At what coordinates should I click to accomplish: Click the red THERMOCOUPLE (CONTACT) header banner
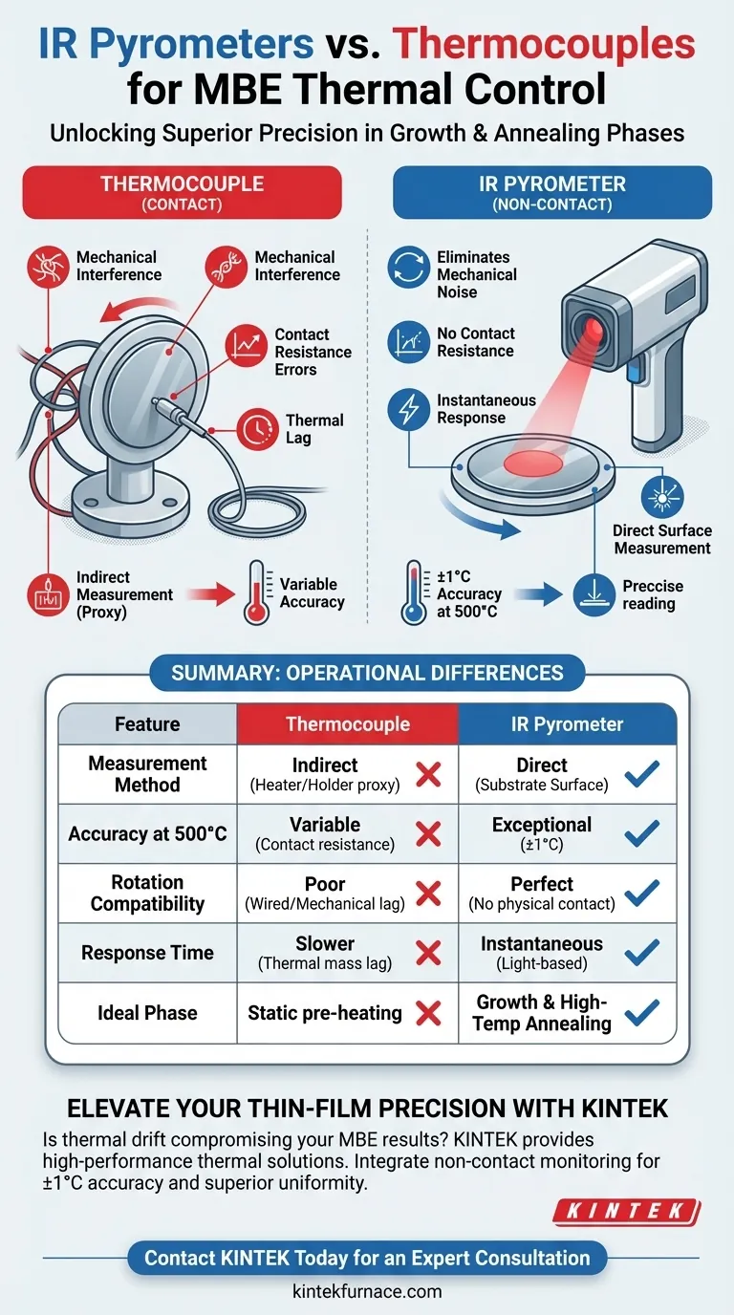(x=182, y=192)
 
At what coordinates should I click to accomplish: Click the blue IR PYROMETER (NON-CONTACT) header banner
(x=552, y=192)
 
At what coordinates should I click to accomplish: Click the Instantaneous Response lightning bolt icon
(x=408, y=410)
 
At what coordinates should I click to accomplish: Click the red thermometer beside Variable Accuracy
(x=255, y=593)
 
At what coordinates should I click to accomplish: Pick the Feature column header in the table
(x=147, y=724)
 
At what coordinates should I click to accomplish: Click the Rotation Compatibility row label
(x=147, y=893)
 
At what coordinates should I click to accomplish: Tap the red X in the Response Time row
(x=429, y=952)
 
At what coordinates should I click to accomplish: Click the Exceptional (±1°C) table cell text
(x=542, y=833)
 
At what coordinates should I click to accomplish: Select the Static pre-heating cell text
(x=325, y=1013)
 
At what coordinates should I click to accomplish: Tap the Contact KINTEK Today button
(x=367, y=1257)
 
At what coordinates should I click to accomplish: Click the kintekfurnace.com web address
(x=367, y=1291)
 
